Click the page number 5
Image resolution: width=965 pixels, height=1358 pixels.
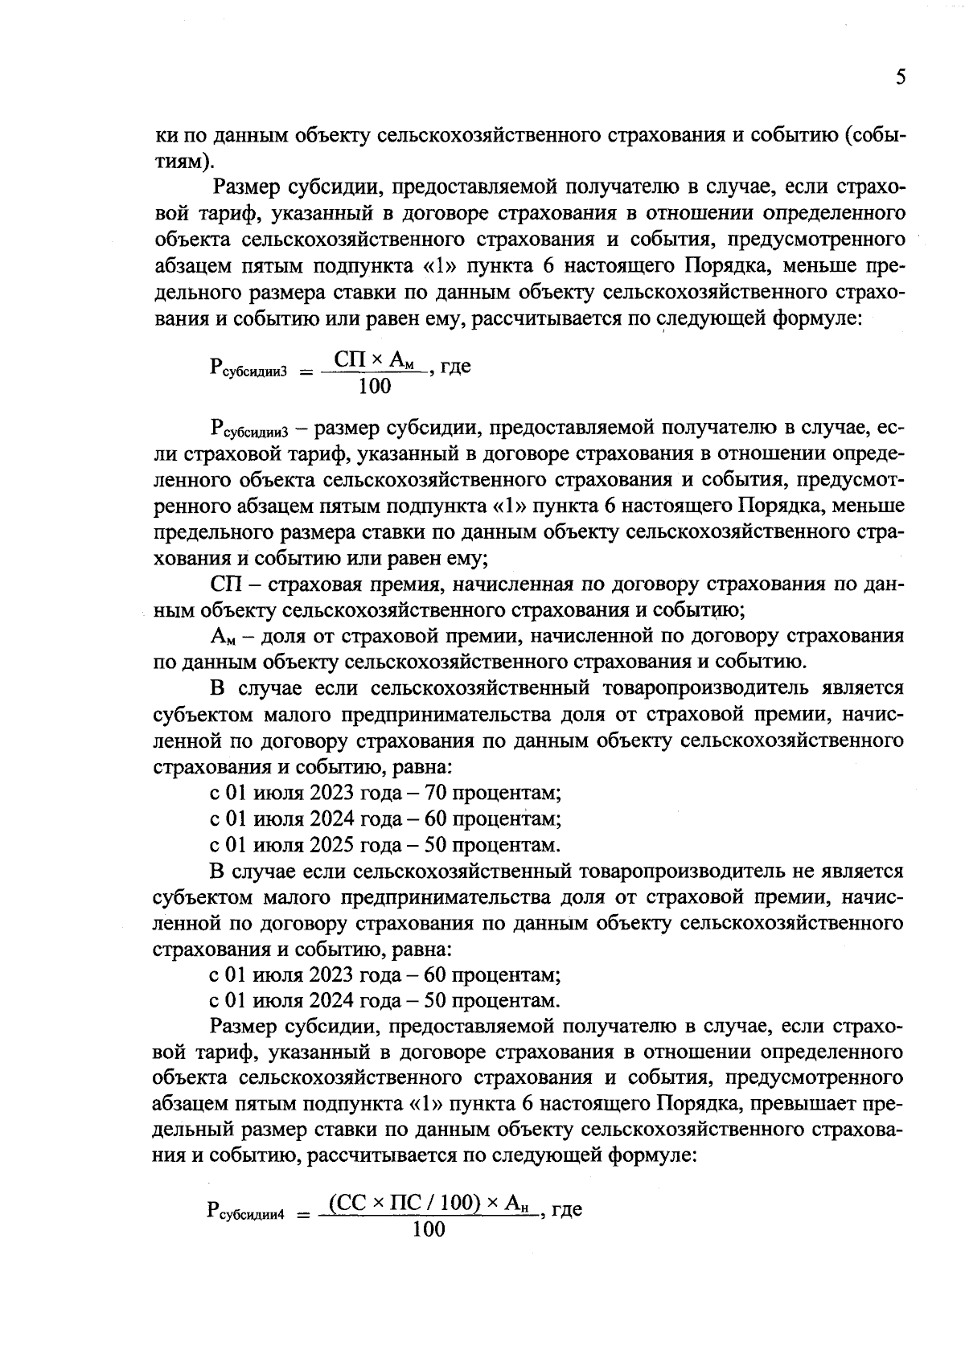pyautogui.click(x=900, y=77)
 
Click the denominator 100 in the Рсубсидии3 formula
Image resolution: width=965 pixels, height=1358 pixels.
pyautogui.click(x=375, y=387)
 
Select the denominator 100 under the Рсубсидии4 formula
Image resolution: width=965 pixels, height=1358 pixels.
pyautogui.click(x=428, y=1229)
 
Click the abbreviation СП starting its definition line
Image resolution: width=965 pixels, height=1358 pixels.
pyautogui.click(x=226, y=584)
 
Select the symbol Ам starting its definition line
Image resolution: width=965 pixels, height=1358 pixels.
pyautogui.click(x=223, y=637)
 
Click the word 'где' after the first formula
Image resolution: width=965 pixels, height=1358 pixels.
pyautogui.click(x=455, y=367)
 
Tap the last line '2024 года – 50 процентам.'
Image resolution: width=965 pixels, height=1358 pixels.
pyautogui.click(x=384, y=1001)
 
